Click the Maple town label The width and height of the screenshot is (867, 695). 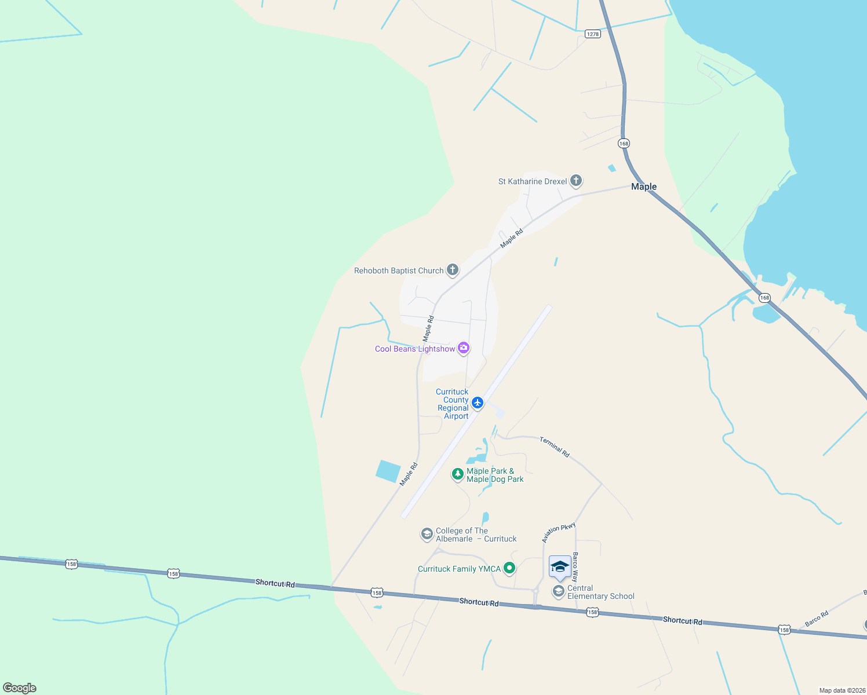pos(643,186)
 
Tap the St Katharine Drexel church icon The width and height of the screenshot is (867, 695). pos(575,181)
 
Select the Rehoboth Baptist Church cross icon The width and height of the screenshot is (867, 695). pos(453,270)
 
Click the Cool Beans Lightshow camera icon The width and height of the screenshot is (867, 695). pos(463,348)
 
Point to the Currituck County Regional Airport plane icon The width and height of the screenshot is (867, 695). pos(478,403)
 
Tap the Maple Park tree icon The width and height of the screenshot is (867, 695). pos(458,474)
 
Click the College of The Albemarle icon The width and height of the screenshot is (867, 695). pos(427,534)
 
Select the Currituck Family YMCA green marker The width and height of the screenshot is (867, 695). pos(509,568)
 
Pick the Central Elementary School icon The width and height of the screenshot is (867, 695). pos(559,591)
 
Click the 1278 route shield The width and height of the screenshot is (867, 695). pos(592,34)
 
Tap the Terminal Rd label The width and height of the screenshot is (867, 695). pos(555,447)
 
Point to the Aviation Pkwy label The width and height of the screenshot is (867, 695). pos(559,533)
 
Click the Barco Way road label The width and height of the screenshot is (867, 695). pos(575,567)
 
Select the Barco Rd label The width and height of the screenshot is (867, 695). pos(817,619)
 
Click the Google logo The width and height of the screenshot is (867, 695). pos(20,688)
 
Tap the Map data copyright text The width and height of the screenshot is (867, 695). pos(842,690)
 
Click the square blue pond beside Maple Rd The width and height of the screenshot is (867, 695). pos(388,471)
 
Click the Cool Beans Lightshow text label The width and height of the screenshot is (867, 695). pos(415,349)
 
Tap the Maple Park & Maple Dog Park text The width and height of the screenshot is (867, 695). pos(495,475)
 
